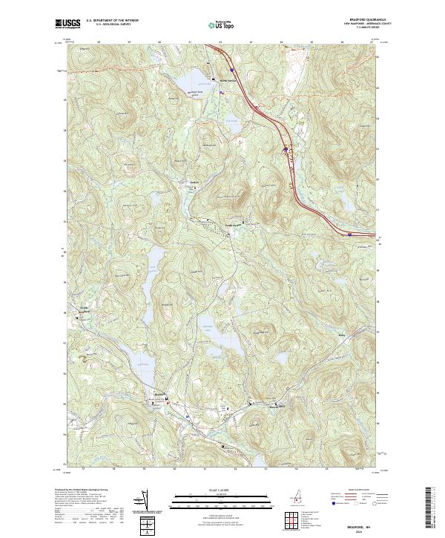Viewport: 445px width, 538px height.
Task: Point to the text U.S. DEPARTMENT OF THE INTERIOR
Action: point(112,21)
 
